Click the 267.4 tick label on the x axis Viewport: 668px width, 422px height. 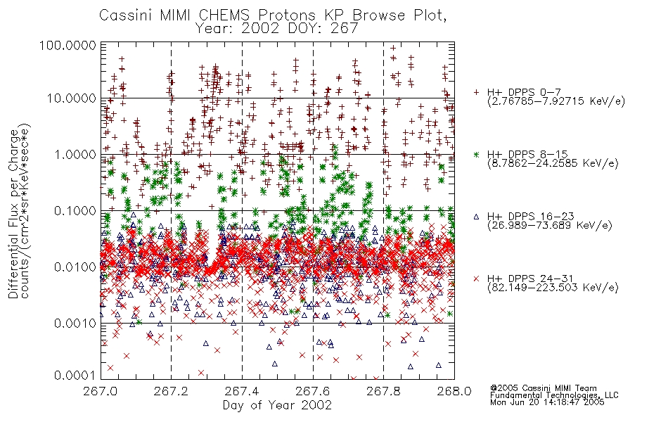(x=242, y=390)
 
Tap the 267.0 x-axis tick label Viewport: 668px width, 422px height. (x=101, y=390)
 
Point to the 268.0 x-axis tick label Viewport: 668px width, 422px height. (x=454, y=390)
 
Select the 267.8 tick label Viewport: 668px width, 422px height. (x=383, y=390)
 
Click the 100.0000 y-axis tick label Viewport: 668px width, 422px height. (x=68, y=45)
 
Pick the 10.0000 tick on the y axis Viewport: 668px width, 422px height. (x=71, y=98)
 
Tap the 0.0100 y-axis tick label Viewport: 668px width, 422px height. (x=75, y=267)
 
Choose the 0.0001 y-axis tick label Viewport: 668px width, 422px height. (x=75, y=375)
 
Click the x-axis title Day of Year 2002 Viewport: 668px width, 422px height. (x=277, y=405)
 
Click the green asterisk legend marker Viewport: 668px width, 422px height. (x=476, y=154)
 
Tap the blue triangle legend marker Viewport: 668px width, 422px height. (x=476, y=217)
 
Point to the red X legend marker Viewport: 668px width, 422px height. (x=476, y=279)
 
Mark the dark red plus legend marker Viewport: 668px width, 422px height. (x=476, y=92)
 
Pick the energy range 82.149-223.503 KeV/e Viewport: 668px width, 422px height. (x=553, y=288)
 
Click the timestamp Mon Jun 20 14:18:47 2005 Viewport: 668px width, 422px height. (x=547, y=402)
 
